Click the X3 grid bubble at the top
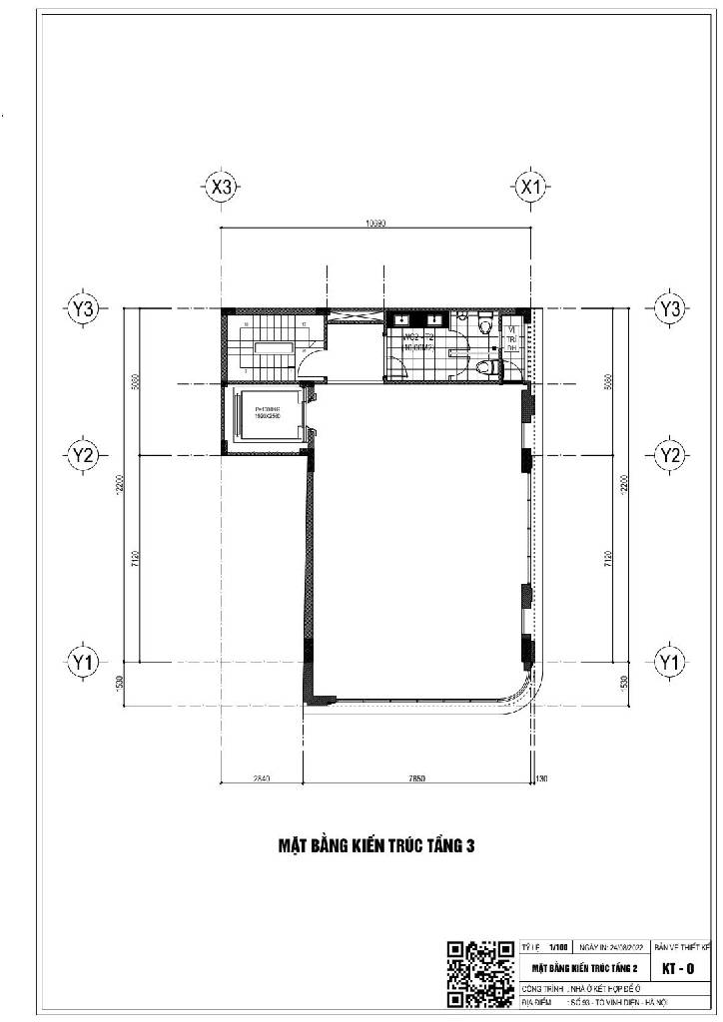[221, 187]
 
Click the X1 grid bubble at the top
[530, 187]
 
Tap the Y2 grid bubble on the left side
[84, 455]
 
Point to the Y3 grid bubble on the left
[84, 309]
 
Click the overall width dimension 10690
[376, 225]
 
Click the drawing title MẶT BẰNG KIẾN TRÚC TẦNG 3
[375, 846]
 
